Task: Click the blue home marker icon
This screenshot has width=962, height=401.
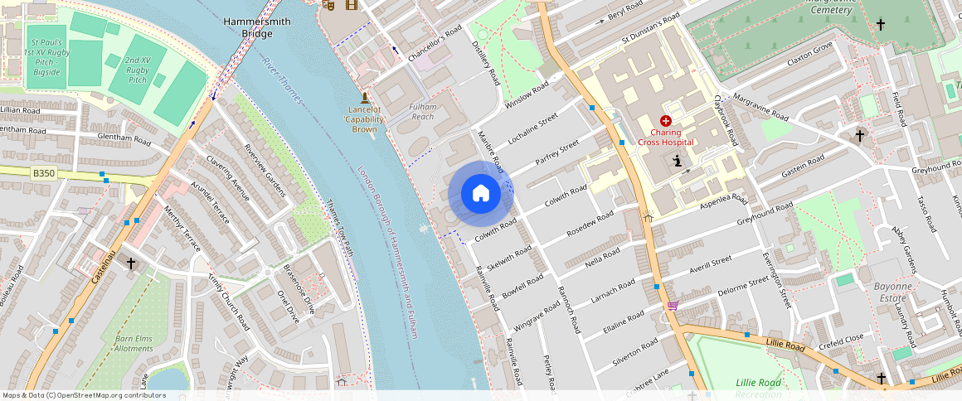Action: click(480, 194)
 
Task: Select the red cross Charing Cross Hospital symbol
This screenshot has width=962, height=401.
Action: click(665, 121)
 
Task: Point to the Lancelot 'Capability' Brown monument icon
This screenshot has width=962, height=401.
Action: click(364, 97)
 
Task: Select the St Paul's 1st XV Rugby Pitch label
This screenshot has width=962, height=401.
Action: click(46, 56)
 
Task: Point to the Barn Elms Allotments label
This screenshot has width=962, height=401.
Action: click(134, 343)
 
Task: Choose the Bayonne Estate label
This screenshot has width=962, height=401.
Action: click(892, 291)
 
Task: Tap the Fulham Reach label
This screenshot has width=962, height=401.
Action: click(422, 112)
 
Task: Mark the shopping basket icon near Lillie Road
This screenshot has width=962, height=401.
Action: click(673, 306)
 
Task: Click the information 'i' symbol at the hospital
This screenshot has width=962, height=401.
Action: click(678, 161)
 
